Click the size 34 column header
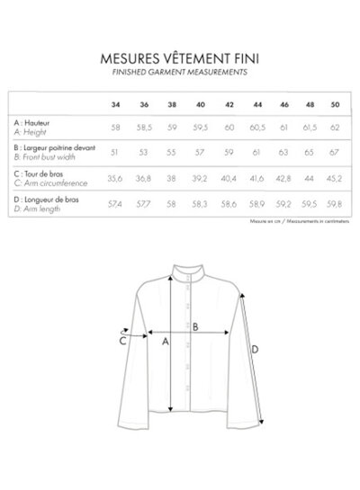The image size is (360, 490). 115,103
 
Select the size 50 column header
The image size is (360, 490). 336,103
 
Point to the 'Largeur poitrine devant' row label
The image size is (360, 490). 53,146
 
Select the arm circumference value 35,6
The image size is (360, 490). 115,178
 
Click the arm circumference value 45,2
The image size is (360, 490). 336,178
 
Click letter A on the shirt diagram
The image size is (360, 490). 164,341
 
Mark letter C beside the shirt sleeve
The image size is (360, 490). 122,340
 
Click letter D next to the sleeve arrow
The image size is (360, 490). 255,350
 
